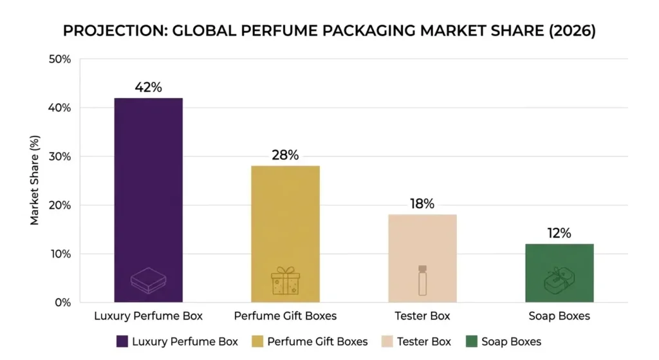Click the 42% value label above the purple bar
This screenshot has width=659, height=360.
tap(148, 88)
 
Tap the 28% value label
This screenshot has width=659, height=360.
tap(285, 155)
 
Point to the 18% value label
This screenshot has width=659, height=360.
tap(422, 204)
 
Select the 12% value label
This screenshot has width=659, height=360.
tap(559, 233)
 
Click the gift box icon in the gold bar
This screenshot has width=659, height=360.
tap(285, 281)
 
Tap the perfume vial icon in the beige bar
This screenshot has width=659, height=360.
tap(422, 280)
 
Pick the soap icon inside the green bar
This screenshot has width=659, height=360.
tap(559, 281)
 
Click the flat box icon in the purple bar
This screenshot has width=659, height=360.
tap(148, 281)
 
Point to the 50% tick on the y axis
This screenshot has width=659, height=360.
tap(60, 59)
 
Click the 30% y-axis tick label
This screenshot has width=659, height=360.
tap(60, 156)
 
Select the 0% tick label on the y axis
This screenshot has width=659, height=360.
tap(62, 303)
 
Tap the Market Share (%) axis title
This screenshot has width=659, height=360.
tap(35, 180)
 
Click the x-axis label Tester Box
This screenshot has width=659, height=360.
tap(422, 316)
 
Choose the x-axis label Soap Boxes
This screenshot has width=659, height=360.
tap(559, 316)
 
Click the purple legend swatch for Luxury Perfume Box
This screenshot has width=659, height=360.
tap(122, 341)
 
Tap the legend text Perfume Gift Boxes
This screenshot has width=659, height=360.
tap(317, 341)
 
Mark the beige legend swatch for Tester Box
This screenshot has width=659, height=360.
tap(387, 341)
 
